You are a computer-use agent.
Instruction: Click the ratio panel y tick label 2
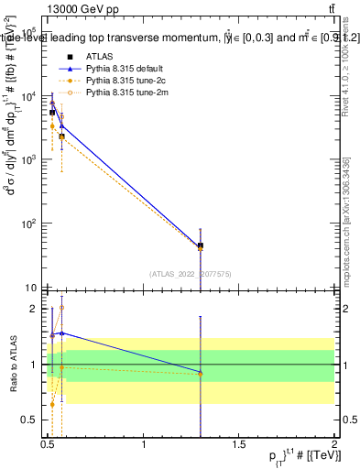pyautogui.click(x=33, y=309)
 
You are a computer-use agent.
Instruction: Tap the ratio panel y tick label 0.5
pyautogui.click(x=29, y=420)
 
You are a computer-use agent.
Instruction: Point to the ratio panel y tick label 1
pyautogui.click(x=33, y=365)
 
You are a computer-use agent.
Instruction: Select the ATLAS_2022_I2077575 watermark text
pyautogui.click(x=191, y=273)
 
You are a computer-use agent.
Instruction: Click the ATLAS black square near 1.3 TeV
pyautogui.click(x=201, y=245)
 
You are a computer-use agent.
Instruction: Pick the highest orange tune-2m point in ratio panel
pyautogui.click(x=61, y=308)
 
